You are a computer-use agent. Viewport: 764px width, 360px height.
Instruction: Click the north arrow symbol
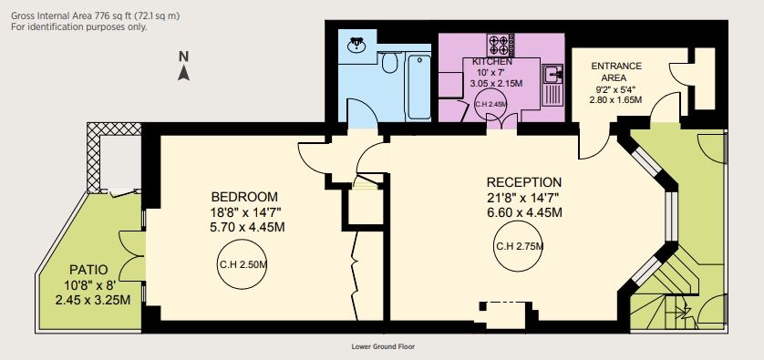click(183, 73)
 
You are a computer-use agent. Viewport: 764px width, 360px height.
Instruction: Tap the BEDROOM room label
click(244, 197)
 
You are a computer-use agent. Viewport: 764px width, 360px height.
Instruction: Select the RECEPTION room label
click(524, 182)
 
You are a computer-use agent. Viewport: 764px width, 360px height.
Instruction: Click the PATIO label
click(88, 270)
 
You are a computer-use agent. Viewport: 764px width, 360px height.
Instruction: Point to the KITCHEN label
click(492, 62)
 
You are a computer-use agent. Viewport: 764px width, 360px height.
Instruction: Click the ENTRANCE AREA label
click(616, 72)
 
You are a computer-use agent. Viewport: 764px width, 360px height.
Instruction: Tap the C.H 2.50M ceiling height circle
click(243, 264)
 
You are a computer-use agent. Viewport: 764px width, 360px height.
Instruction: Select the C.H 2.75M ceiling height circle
click(520, 246)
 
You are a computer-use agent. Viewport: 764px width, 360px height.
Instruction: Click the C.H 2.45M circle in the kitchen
click(490, 104)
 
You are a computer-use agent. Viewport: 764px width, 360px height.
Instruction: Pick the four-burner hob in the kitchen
click(501, 45)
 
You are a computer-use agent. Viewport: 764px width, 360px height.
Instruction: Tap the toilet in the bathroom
click(390, 62)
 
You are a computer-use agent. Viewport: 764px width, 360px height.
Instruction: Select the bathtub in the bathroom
click(418, 87)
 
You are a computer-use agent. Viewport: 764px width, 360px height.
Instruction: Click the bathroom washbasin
click(357, 45)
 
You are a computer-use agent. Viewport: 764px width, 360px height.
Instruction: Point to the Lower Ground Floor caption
click(383, 347)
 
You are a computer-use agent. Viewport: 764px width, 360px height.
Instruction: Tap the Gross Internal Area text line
click(96, 16)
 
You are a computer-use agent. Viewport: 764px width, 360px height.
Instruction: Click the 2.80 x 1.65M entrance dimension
click(615, 100)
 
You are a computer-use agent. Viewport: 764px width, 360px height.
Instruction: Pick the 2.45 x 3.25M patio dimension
click(93, 300)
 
